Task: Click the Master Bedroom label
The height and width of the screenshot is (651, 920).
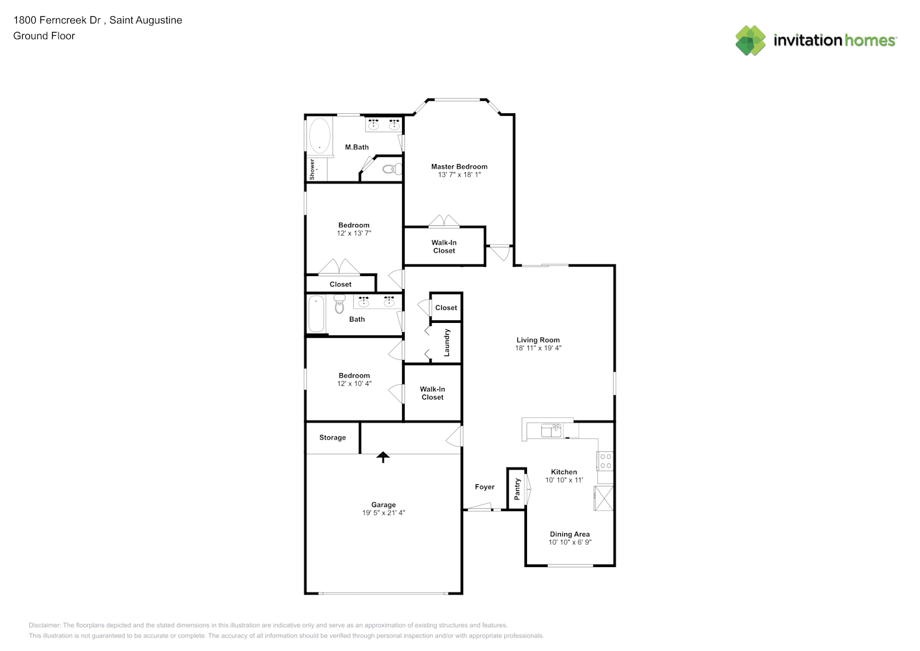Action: (459, 167)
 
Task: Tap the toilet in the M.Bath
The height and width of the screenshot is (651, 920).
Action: (392, 169)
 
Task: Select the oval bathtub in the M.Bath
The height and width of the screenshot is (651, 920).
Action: (319, 135)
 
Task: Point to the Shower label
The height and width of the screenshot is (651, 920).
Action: (312, 169)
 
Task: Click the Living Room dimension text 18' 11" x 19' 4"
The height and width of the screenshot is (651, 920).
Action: (538, 348)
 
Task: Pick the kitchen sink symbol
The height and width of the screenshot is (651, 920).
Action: (551, 430)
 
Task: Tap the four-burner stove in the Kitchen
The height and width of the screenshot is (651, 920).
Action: (605, 461)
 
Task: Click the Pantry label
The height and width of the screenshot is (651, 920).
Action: (517, 489)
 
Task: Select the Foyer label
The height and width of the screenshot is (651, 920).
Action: (485, 487)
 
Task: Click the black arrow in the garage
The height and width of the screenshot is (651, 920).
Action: (383, 457)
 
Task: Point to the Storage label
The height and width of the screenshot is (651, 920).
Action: (332, 437)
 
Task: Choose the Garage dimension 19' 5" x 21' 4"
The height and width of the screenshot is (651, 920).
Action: (384, 512)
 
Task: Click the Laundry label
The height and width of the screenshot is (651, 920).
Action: (447, 342)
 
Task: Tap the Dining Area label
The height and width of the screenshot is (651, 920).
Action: (570, 534)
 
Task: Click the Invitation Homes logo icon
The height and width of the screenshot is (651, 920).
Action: (750, 40)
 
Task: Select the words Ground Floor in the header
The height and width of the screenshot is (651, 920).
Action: (44, 36)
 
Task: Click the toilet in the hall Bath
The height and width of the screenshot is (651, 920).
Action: (339, 304)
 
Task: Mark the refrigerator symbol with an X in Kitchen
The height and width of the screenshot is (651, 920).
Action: (603, 499)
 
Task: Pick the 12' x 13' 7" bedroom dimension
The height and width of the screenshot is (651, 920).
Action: (354, 233)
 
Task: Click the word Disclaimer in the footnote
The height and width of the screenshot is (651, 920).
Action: (44, 625)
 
